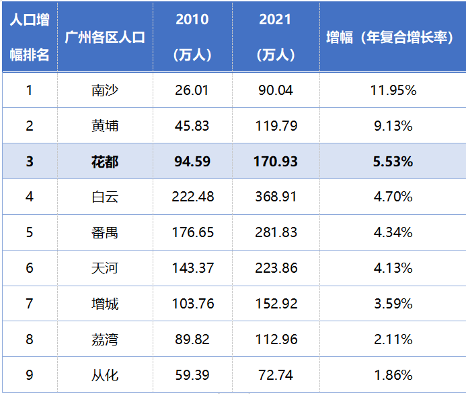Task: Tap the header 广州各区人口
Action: (x=105, y=38)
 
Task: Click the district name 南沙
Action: (x=105, y=90)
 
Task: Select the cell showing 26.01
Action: (x=192, y=90)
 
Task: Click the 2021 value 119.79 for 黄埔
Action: (x=276, y=125)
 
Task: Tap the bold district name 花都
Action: (x=105, y=161)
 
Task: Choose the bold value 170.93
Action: (x=276, y=161)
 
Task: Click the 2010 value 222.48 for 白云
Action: (x=192, y=197)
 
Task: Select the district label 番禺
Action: (x=105, y=232)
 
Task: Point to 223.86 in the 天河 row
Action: (x=276, y=268)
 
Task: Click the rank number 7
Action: (x=29, y=304)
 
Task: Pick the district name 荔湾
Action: (x=105, y=339)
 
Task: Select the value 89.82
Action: (x=192, y=339)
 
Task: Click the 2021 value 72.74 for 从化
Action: (x=276, y=375)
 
